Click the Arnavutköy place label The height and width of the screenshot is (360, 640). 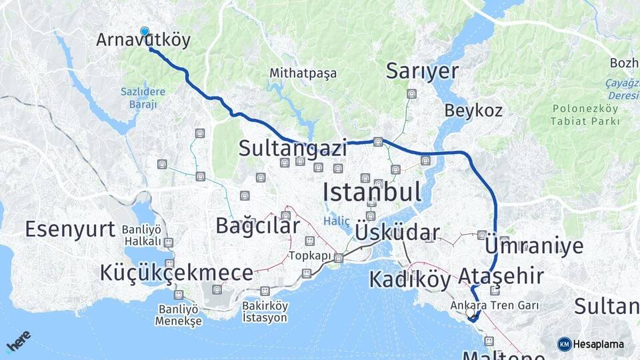[143, 40]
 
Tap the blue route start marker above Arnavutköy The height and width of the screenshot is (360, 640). [145, 31]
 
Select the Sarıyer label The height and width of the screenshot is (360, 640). [423, 71]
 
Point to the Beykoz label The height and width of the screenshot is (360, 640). [473, 111]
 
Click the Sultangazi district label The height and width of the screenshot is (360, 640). [293, 147]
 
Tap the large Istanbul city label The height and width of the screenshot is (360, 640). [372, 193]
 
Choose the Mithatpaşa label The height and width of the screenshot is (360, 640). [303, 73]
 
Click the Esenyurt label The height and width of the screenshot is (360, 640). [70, 229]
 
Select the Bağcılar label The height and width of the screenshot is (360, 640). [257, 226]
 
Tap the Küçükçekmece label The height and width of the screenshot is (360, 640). [177, 272]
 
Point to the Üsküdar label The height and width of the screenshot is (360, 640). [397, 233]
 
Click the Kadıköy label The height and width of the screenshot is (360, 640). [410, 279]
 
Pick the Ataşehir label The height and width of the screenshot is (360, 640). [501, 275]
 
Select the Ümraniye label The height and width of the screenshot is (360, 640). [535, 245]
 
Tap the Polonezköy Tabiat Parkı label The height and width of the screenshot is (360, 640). [585, 114]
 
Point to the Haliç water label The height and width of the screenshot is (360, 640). [337, 221]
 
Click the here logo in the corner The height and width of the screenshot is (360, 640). [18, 342]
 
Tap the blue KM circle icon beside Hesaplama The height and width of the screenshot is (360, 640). [565, 344]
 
